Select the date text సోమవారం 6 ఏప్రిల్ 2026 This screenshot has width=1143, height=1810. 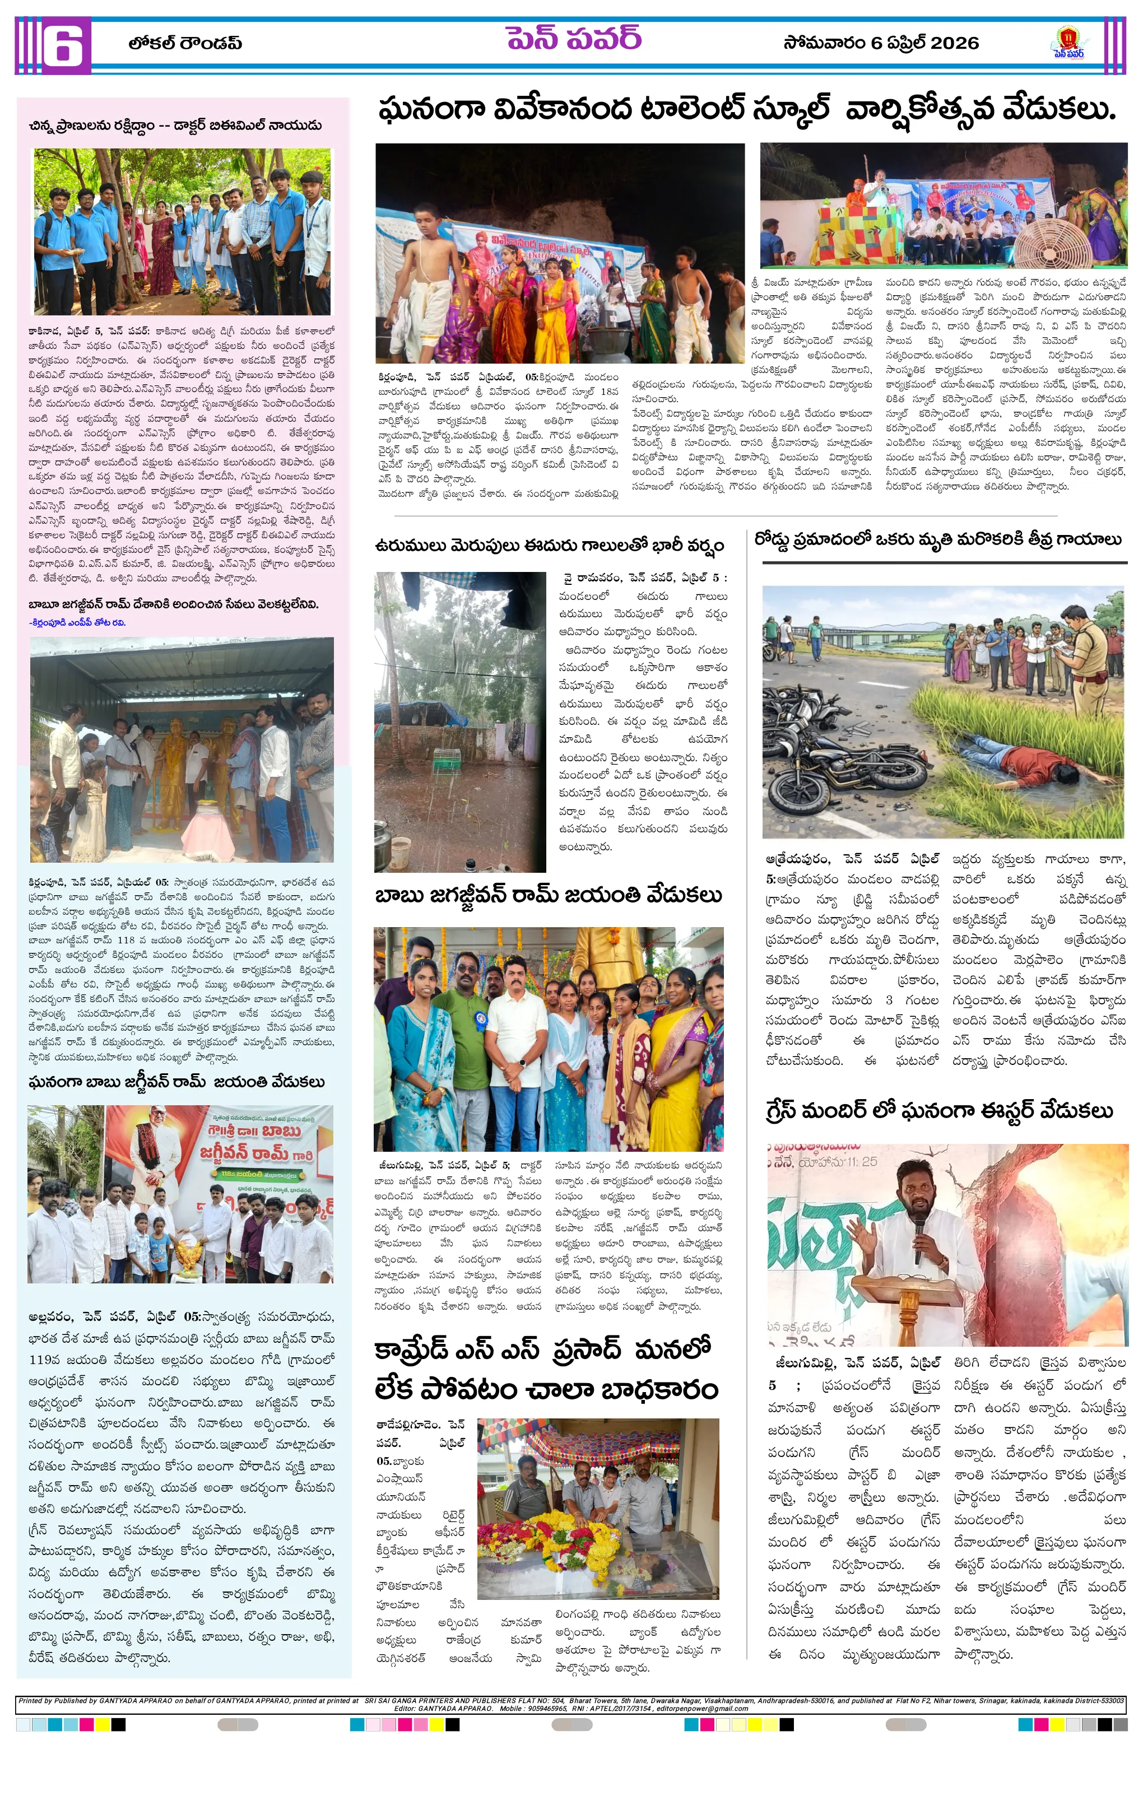click(881, 43)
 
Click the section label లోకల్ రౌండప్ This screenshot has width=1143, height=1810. click(185, 44)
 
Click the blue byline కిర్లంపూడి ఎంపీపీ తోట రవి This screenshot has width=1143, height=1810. click(77, 622)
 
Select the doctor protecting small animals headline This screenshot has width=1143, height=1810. click(175, 125)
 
